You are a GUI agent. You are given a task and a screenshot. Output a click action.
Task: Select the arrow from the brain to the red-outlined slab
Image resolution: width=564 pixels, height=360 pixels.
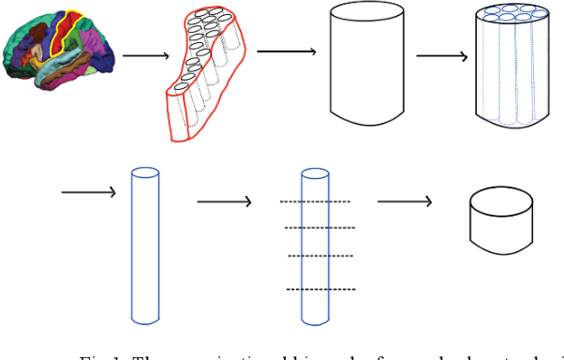click(143, 55)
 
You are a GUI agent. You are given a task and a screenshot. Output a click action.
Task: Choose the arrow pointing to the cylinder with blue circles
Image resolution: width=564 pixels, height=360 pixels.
click(442, 55)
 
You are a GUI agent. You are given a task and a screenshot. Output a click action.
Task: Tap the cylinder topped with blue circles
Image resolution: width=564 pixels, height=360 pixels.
click(512, 66)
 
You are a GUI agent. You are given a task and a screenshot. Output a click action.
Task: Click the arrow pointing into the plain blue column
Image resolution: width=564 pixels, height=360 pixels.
click(89, 193)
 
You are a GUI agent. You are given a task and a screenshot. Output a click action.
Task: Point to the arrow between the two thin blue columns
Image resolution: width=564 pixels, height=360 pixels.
click(224, 201)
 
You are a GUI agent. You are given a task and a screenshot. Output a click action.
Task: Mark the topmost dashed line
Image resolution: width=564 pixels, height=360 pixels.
click(316, 202)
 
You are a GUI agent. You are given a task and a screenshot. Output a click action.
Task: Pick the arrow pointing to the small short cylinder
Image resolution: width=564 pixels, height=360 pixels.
click(404, 201)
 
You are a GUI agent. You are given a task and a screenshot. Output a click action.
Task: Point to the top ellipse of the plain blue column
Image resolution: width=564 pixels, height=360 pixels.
click(145, 173)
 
